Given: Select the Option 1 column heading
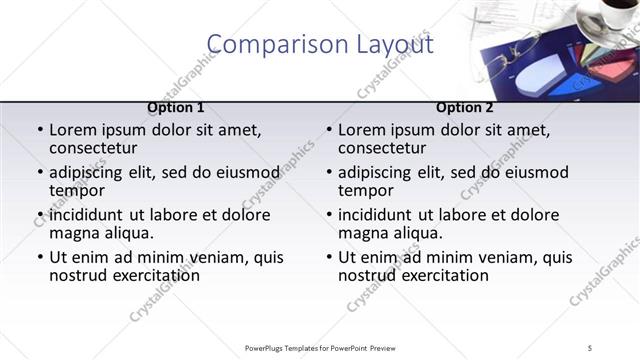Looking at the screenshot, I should click(x=176, y=108).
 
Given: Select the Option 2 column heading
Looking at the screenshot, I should click(x=465, y=108).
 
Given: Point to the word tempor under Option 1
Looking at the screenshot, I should click(x=77, y=191).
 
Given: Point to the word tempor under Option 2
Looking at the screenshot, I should click(x=366, y=191).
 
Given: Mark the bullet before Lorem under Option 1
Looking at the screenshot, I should click(x=39, y=130).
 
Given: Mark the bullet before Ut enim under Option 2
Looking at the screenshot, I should click(x=328, y=257).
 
